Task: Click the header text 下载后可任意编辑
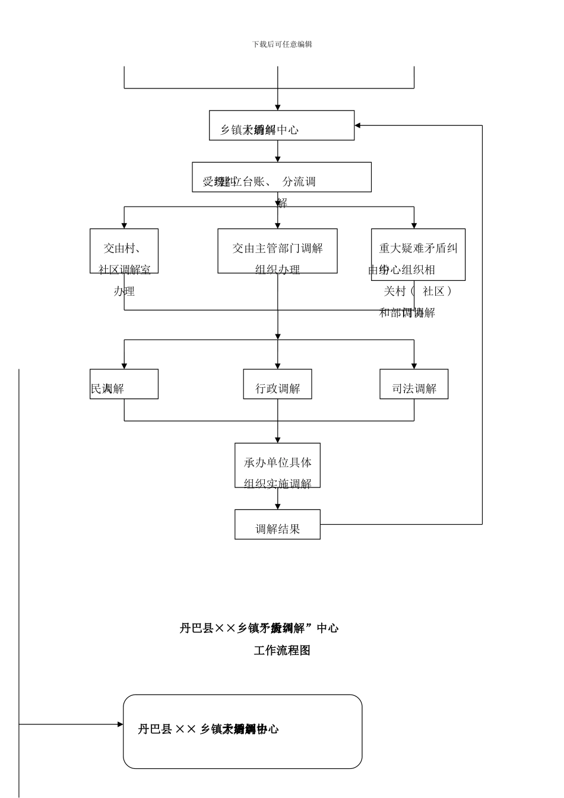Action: tap(282, 45)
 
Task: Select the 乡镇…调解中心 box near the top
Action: tap(281, 125)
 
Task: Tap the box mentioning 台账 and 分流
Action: tap(281, 177)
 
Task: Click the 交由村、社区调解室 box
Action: tap(124, 251)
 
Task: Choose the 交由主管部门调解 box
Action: tap(277, 251)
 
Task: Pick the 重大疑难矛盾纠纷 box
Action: tap(418, 254)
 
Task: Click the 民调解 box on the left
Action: tap(124, 384)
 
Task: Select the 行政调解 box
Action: tap(277, 384)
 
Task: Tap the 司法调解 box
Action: tap(414, 384)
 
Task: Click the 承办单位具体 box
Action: tap(277, 465)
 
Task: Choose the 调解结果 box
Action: tap(277, 524)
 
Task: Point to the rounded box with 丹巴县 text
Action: tap(242, 731)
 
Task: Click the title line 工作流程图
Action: tap(282, 650)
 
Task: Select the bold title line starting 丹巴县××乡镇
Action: tap(259, 628)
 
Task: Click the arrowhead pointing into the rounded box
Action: tap(120, 724)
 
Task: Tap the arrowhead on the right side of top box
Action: tap(358, 125)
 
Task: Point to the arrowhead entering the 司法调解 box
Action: tap(414, 366)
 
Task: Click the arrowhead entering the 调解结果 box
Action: tap(277, 506)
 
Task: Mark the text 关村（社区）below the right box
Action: tap(418, 291)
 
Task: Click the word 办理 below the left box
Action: tap(124, 291)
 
